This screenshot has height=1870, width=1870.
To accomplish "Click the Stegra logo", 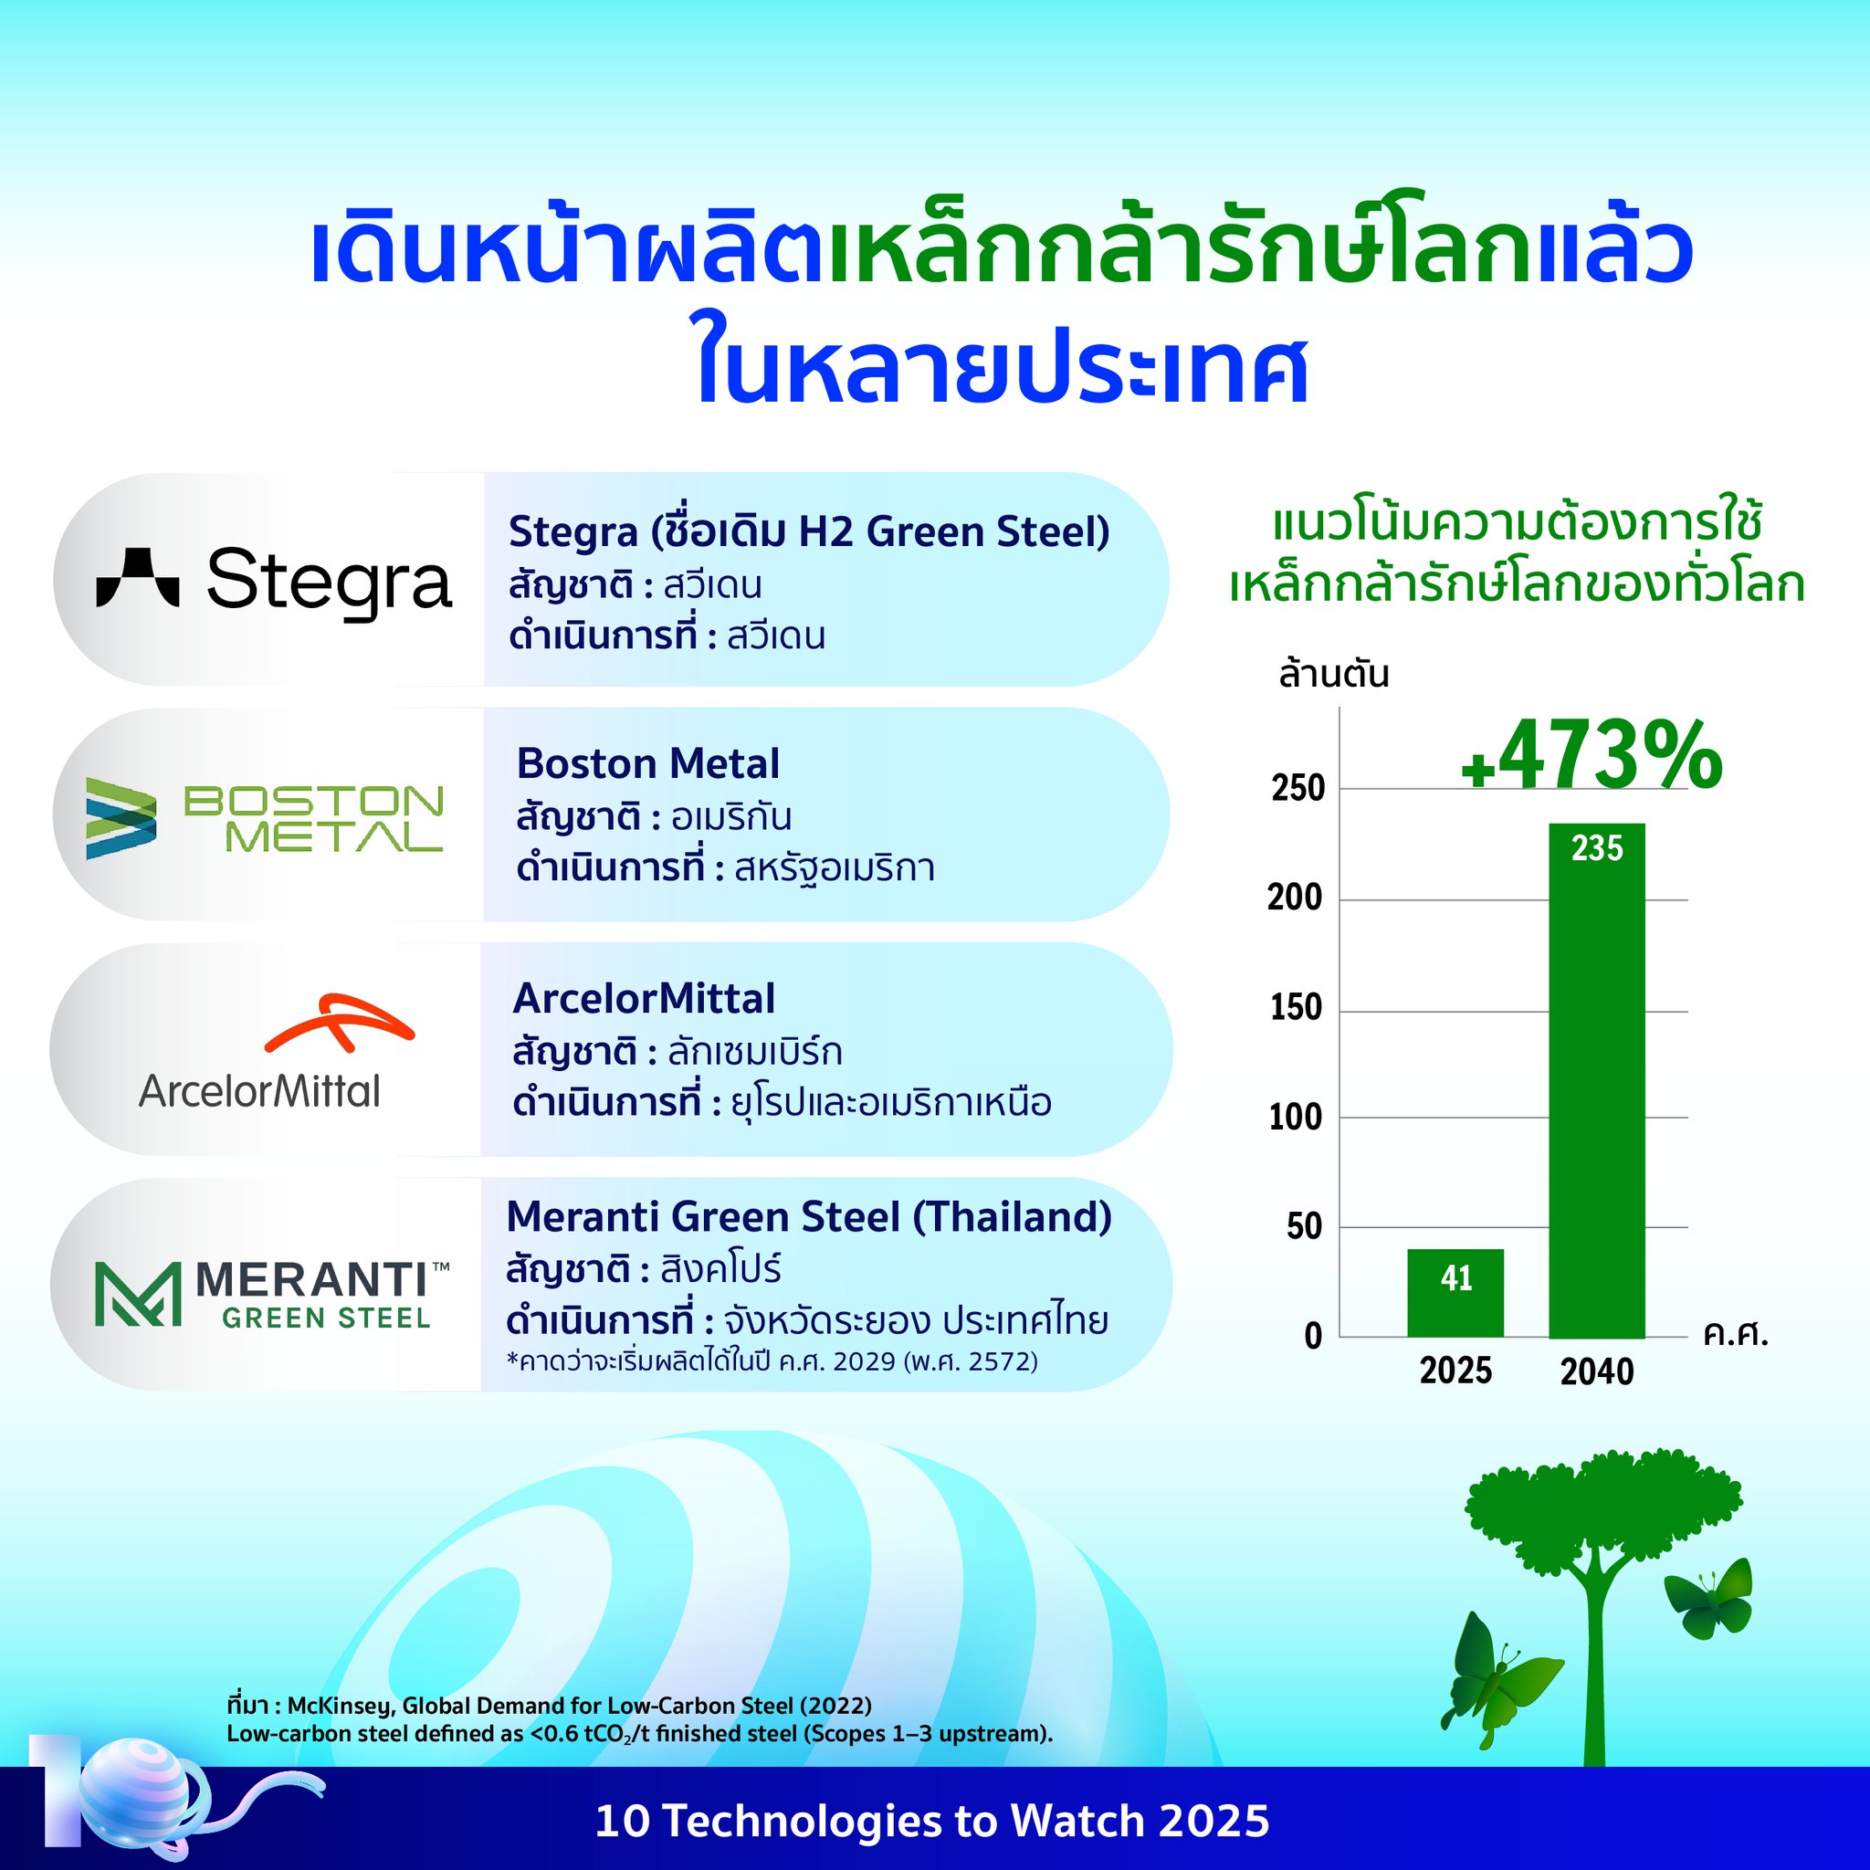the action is (x=274, y=581).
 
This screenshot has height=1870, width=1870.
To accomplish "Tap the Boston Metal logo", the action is (x=264, y=818).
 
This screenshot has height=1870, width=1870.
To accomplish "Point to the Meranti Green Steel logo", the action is (x=272, y=1293).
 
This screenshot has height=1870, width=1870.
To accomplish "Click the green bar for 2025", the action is (x=1455, y=1293).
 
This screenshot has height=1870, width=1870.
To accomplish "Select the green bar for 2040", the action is (x=1597, y=1080).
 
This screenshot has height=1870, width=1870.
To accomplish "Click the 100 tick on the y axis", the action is (x=1296, y=1118).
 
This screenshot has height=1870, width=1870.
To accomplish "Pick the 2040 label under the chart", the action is (x=1597, y=1371).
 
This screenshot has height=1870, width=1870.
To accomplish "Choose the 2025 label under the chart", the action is (x=1455, y=1371).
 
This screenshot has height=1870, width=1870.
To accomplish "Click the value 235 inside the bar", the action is (x=1597, y=848).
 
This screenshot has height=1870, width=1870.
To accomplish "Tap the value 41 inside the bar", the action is (x=1455, y=1277).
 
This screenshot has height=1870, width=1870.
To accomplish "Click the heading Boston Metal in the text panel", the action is (x=647, y=763).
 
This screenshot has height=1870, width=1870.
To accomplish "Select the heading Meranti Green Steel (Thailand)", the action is (x=809, y=1216).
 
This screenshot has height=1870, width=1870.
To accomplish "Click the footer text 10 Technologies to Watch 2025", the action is (x=932, y=1821).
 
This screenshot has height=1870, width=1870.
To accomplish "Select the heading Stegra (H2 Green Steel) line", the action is (x=809, y=531).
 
